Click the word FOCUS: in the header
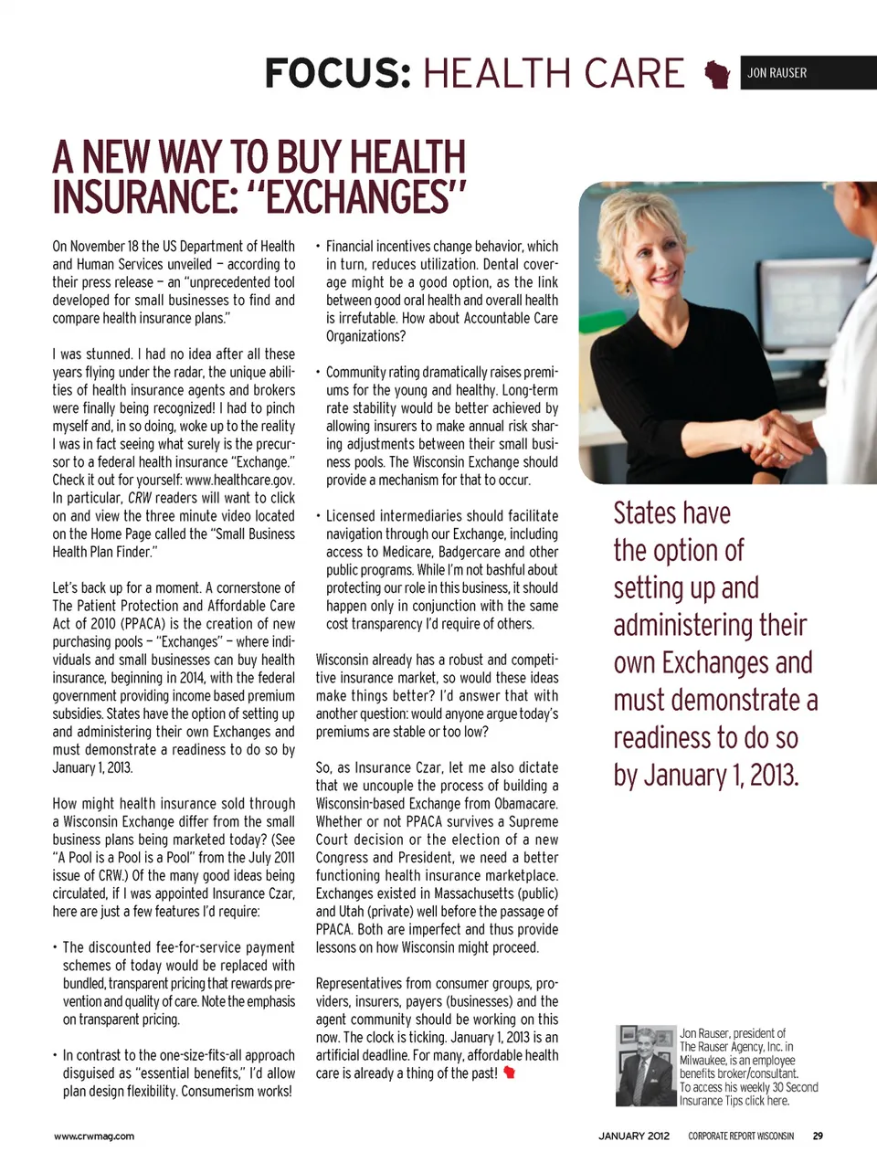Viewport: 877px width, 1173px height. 337,73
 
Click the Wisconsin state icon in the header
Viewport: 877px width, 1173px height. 717,74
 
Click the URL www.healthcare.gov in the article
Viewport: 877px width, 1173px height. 239,481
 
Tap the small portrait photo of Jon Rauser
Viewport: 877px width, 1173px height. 646,1065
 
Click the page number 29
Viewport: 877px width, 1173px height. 818,1136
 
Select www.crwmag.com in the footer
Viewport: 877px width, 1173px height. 94,1136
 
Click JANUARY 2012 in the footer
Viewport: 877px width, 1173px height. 633,1136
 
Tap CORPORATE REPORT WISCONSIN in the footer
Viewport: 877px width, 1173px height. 741,1136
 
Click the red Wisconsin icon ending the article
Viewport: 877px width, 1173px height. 509,1073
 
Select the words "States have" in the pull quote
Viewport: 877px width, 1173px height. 671,513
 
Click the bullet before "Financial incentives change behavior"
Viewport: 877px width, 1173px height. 318,247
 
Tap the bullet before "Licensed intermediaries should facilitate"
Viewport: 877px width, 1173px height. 318,516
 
